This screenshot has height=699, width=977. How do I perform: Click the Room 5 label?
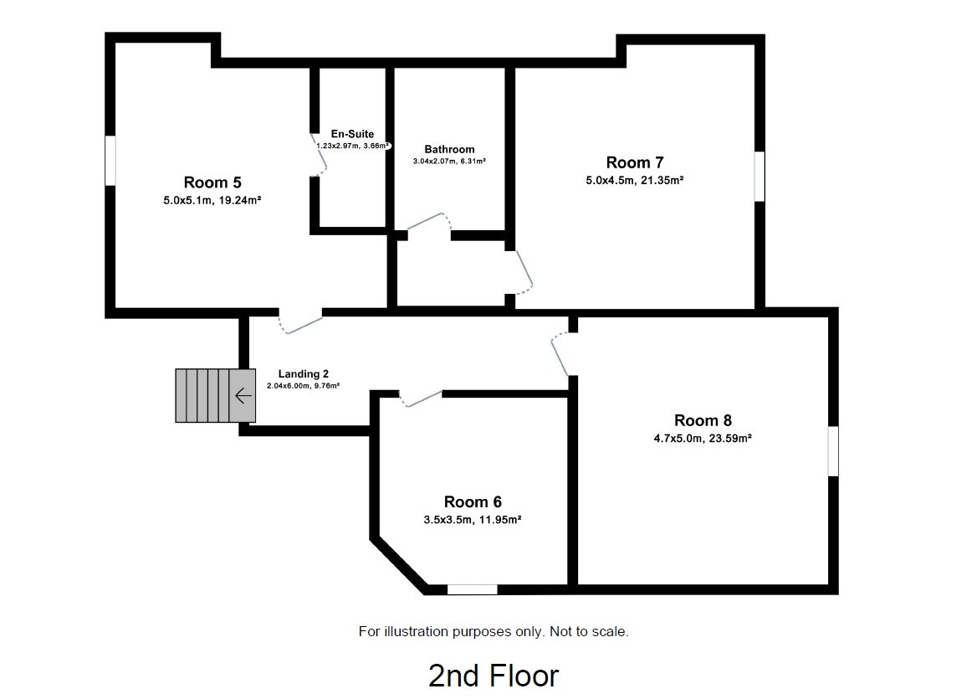coord(212,182)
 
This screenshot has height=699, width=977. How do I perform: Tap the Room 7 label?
coord(635,162)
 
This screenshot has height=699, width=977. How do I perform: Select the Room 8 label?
coord(703,420)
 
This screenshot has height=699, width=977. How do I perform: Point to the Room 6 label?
coord(473,501)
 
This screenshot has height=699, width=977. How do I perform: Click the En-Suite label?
coord(352,134)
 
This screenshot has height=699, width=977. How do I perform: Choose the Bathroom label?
coord(449,150)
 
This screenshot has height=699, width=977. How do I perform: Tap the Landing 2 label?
coord(299,373)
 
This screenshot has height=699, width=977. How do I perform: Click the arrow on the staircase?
coord(243,396)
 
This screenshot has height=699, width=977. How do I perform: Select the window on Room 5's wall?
coord(110,160)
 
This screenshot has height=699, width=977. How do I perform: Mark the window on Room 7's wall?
coord(760,176)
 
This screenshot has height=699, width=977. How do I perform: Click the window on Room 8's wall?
coord(833,451)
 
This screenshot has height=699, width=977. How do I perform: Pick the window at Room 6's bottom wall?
coord(472,589)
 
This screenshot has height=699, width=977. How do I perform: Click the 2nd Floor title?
coord(493,675)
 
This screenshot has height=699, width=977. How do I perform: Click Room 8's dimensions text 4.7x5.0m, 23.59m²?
coord(703,437)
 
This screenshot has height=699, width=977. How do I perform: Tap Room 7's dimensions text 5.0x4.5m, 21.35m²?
coord(635,179)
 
